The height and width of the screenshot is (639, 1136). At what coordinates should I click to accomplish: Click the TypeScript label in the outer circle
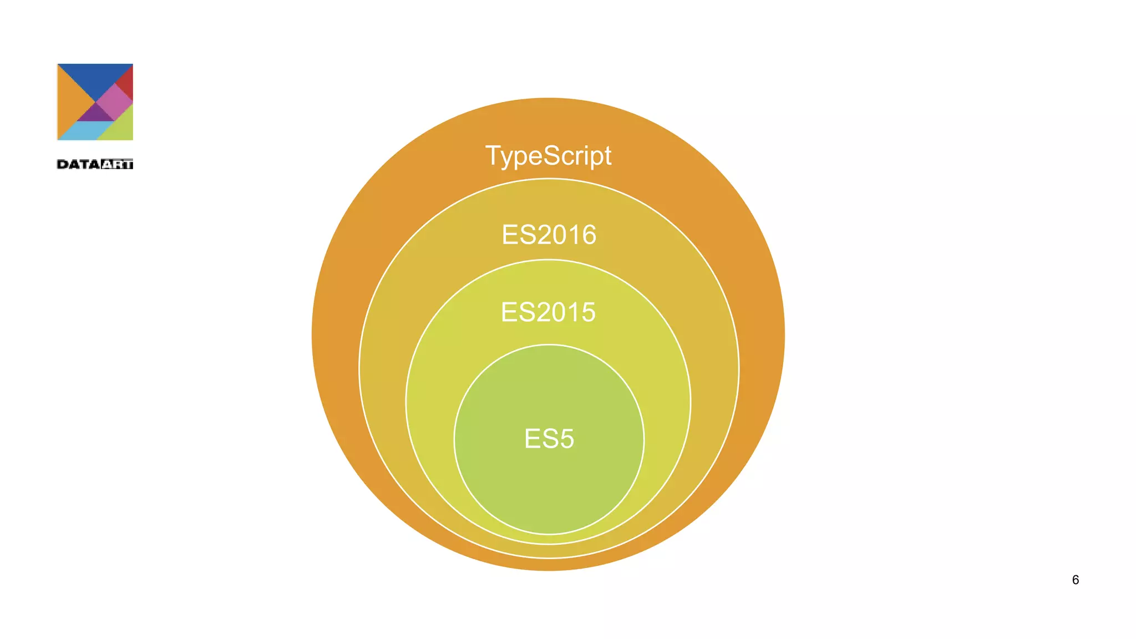(x=548, y=156)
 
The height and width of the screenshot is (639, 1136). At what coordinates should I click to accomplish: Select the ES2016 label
(x=549, y=235)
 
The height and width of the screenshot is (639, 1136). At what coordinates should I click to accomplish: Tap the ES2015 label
(x=548, y=312)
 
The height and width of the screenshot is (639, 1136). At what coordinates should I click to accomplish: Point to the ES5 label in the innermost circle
(x=549, y=439)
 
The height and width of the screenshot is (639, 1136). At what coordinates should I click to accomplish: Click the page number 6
(x=1075, y=580)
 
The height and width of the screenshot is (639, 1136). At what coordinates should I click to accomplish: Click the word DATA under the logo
(x=78, y=164)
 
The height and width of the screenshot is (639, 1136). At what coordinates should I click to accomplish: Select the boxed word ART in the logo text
(x=117, y=164)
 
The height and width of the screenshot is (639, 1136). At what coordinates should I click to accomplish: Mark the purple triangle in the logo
(x=95, y=114)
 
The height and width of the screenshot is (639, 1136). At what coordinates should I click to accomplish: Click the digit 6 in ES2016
(x=587, y=235)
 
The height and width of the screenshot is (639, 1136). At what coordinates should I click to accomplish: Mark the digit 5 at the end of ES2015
(x=587, y=312)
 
